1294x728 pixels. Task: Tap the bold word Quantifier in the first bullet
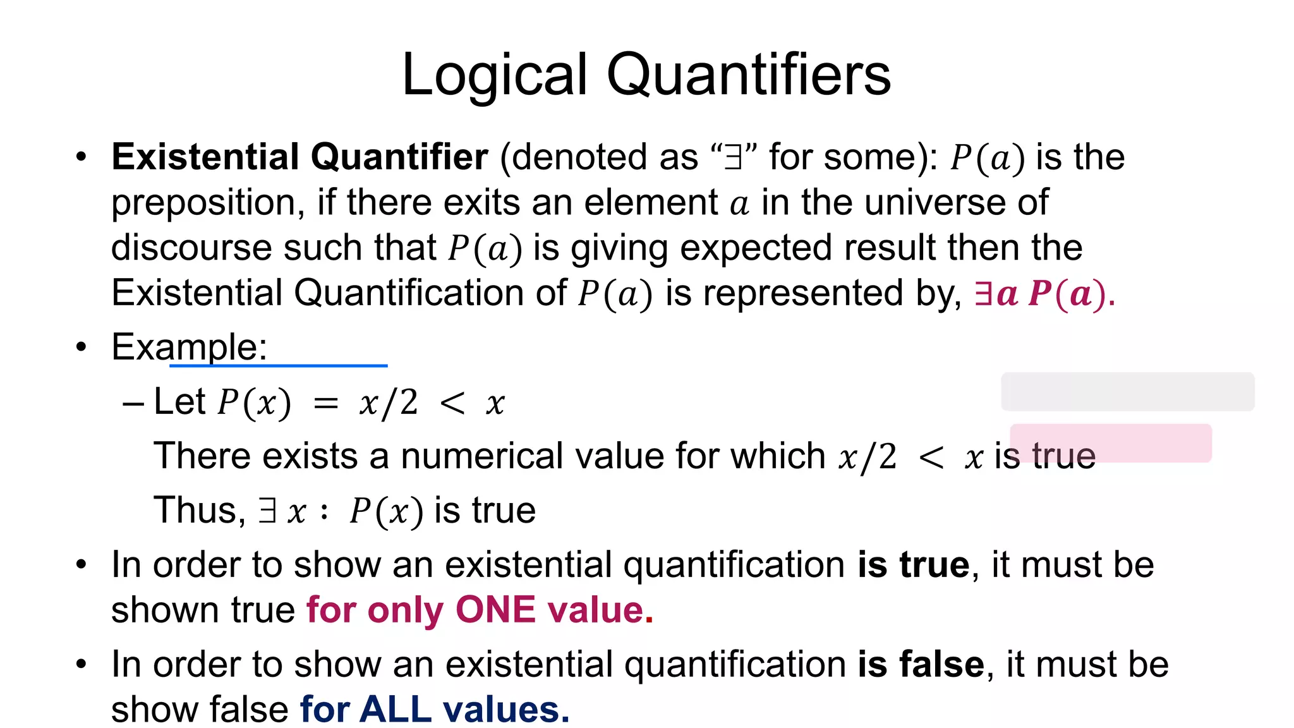coord(399,157)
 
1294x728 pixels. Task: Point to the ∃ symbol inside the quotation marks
coord(733,157)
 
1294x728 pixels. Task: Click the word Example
coord(189,347)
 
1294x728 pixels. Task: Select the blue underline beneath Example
coord(278,365)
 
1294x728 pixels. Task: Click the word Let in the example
coord(179,402)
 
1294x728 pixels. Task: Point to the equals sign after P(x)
coord(326,403)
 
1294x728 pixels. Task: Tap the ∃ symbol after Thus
coord(268,511)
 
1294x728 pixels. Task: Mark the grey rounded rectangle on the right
coord(1127,392)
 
